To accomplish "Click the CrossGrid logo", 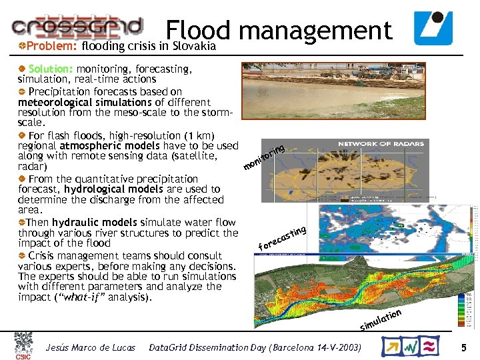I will click(77, 26).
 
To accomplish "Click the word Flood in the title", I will click(198, 30).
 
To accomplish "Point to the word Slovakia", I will click(194, 47).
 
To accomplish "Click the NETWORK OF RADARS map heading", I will click(379, 144).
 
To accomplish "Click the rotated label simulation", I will click(381, 319).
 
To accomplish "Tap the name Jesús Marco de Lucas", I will click(90, 348).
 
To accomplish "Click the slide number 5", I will click(463, 347).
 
